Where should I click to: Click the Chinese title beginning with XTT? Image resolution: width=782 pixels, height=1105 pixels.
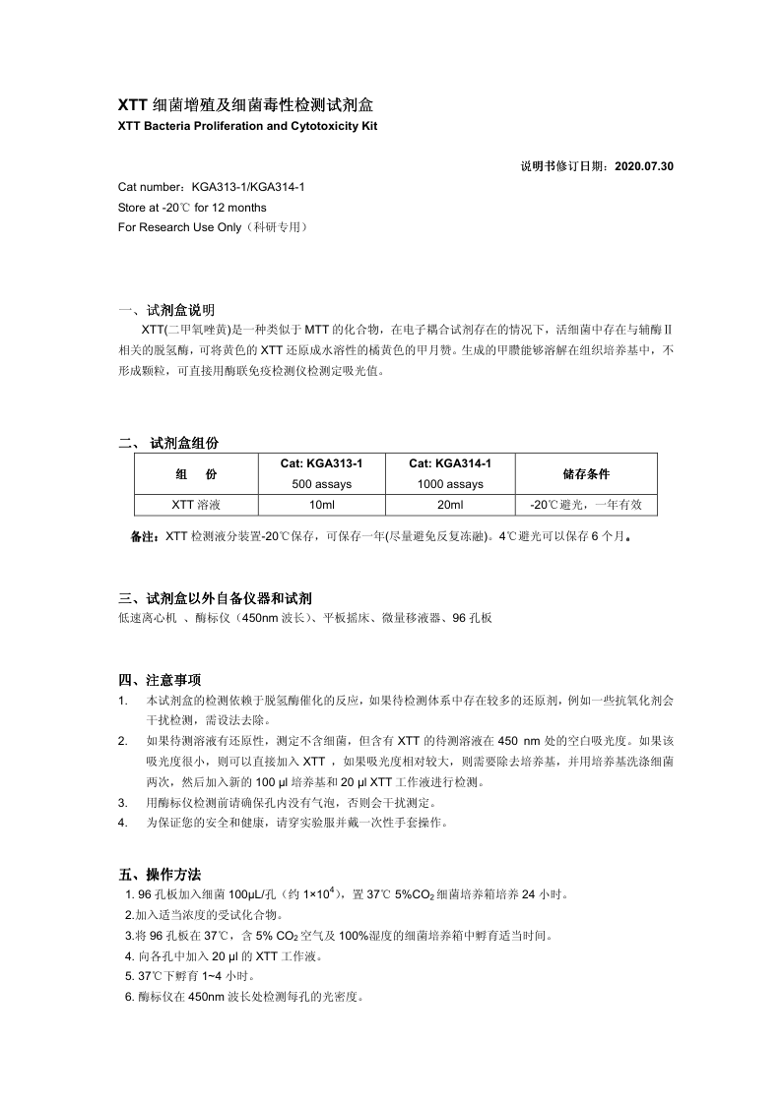245,104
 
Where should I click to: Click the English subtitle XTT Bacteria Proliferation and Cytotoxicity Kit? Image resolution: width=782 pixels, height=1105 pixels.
247,127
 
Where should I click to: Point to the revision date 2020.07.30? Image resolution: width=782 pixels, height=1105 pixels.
644,166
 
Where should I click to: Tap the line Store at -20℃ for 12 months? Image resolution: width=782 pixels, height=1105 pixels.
191,208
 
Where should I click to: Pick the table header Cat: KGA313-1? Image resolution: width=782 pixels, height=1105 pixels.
322,464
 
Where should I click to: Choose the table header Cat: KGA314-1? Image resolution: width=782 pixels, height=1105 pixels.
450,464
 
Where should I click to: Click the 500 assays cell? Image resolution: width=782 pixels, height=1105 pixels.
322,484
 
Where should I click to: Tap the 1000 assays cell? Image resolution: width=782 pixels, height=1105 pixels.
450,484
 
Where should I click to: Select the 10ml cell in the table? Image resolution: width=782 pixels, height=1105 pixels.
322,505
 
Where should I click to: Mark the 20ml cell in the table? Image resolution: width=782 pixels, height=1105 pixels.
450,505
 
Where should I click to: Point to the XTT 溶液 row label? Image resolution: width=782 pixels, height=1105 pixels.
196,505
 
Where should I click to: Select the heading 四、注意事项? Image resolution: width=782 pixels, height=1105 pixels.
160,680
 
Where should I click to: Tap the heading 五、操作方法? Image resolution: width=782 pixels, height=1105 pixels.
160,874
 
